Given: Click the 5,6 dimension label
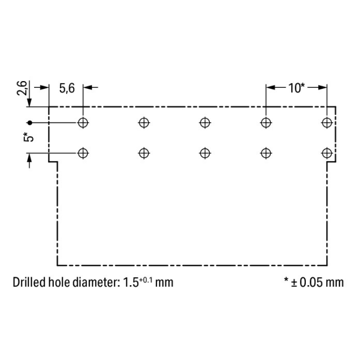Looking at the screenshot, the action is pyautogui.click(x=67, y=88).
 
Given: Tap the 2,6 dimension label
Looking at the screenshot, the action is pyautogui.click(x=22, y=88).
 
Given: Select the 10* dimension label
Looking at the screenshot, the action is pyautogui.click(x=297, y=88).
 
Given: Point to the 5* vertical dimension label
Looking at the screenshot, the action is pyautogui.click(x=28, y=137).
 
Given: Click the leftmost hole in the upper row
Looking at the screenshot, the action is pyautogui.click(x=83, y=122).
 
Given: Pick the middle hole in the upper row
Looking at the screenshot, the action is pyautogui.click(x=205, y=122).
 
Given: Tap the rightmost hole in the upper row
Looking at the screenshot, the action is pyautogui.click(x=327, y=122).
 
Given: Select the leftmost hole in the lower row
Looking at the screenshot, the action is pyautogui.click(x=83, y=153).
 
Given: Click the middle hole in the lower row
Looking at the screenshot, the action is pyautogui.click(x=205, y=153).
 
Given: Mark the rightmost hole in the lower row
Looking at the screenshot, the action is pyautogui.click(x=327, y=153).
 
